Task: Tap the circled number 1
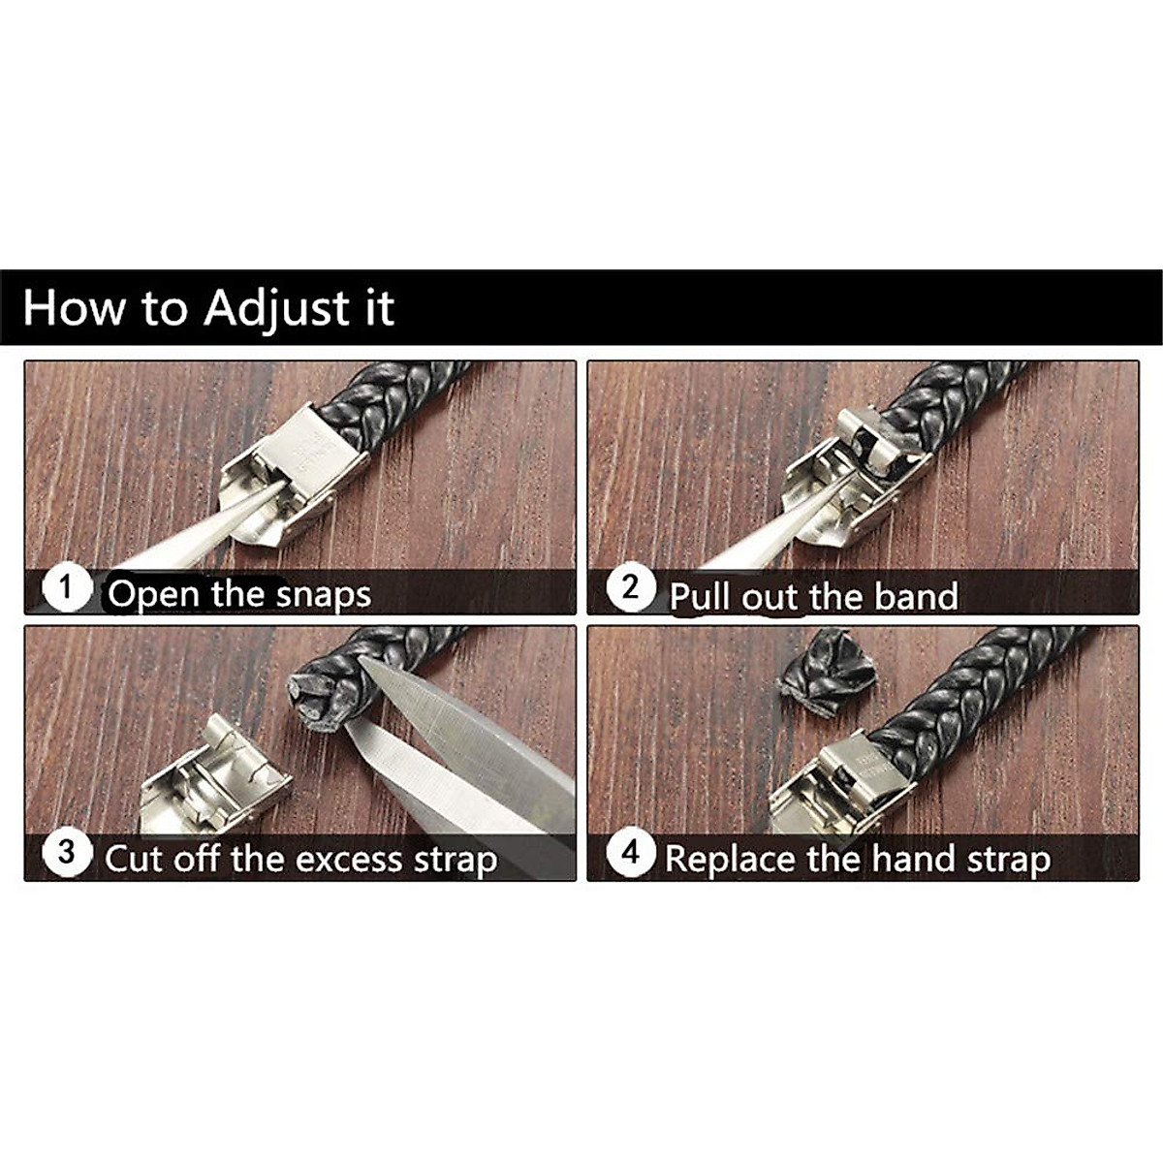(x=66, y=587)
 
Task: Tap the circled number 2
(x=631, y=587)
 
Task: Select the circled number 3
(x=66, y=853)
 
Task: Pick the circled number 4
(x=631, y=853)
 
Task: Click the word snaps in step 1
(x=323, y=594)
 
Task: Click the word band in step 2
(x=916, y=596)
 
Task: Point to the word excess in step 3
(x=348, y=860)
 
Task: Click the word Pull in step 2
(x=702, y=596)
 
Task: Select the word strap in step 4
(x=1008, y=860)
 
